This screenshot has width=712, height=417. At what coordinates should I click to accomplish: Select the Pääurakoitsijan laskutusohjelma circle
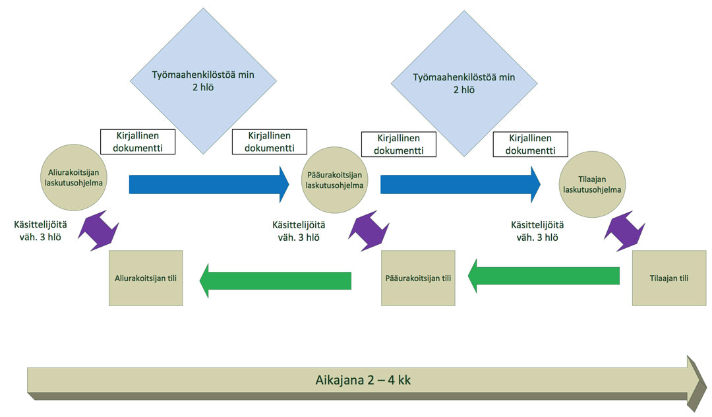coord(337,180)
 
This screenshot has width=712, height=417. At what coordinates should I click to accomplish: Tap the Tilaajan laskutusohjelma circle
coord(591,184)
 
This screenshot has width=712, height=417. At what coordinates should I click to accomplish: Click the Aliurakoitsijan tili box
coord(145,278)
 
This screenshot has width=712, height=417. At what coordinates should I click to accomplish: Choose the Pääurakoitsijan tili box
coord(418,278)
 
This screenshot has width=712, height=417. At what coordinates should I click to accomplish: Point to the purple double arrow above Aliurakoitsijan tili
coord(98,229)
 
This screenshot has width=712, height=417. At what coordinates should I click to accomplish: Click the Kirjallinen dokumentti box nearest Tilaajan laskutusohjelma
coord(531,144)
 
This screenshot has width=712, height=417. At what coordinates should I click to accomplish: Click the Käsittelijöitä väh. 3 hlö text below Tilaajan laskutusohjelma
coord(540,230)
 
